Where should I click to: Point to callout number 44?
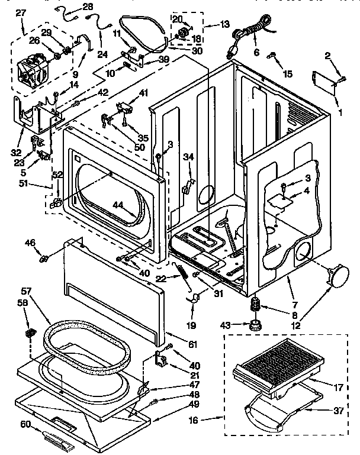pos(119,205)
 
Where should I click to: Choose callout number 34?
pos(188,157)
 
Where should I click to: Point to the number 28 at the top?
pos(88,7)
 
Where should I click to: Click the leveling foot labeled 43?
pos(255,325)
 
